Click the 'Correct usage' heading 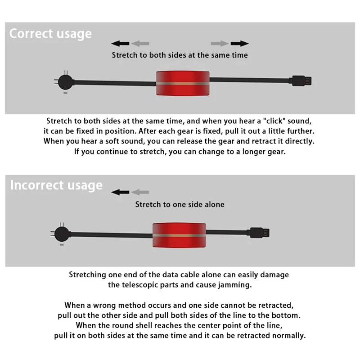50,34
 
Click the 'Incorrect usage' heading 56,185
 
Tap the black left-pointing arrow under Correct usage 120,43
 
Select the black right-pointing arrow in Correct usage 240,43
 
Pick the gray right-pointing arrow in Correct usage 220,43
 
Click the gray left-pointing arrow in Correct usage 140,43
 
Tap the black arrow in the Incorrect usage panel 120,192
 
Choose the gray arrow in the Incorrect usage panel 140,192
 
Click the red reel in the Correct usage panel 183,83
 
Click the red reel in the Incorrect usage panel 179,235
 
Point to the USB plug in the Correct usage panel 301,81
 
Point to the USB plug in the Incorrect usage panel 260,233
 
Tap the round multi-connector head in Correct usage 65,82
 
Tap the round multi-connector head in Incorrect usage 62,234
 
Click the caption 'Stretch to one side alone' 180,204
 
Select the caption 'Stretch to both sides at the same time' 180,55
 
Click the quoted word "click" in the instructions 274,121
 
